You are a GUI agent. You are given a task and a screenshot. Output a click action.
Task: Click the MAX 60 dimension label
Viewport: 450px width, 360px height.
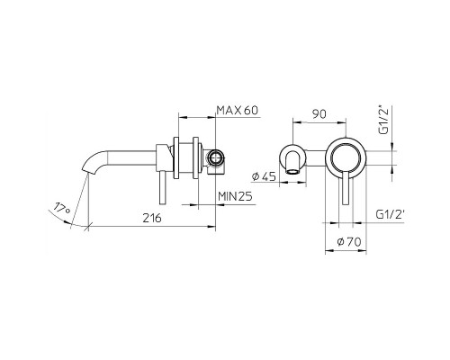tap(238, 111)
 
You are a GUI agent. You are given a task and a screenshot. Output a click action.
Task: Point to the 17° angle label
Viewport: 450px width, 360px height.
tap(61, 210)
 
